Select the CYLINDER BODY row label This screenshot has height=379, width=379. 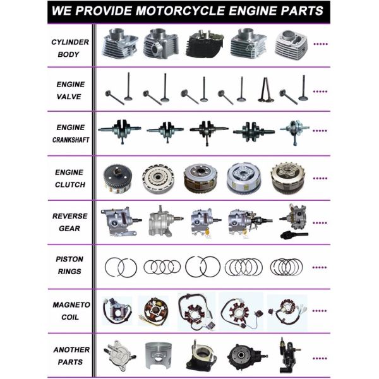tap(70, 48)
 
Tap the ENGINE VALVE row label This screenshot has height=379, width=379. tap(70, 90)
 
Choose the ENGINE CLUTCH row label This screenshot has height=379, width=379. tap(70, 177)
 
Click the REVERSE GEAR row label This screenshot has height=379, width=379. tap(70, 222)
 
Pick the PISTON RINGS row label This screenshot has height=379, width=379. tap(70, 265)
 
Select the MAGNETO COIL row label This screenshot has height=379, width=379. tap(70, 310)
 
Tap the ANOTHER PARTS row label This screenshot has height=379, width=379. tap(70, 355)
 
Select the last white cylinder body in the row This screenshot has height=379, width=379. tap(291, 44)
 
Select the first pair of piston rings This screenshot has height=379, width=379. tap(121, 267)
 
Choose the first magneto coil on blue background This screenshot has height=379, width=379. tap(117, 310)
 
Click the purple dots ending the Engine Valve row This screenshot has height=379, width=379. tap(321, 91)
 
